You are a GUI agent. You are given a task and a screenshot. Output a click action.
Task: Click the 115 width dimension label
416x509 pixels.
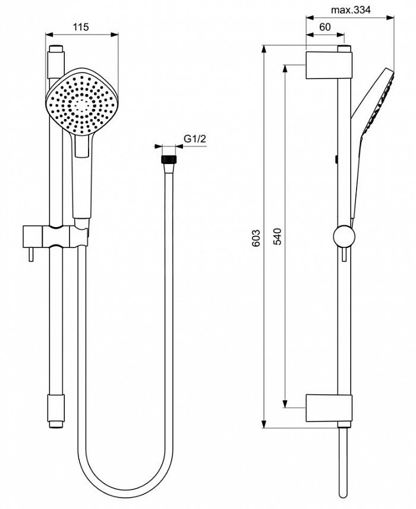[81, 27]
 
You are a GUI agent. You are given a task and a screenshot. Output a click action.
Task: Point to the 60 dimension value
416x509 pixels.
[324, 27]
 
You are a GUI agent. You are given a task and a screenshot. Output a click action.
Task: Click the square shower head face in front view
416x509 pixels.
[83, 101]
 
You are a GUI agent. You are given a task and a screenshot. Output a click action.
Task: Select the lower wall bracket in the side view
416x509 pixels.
[329, 407]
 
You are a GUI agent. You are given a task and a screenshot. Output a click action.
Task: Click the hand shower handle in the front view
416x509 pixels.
[82, 178]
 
